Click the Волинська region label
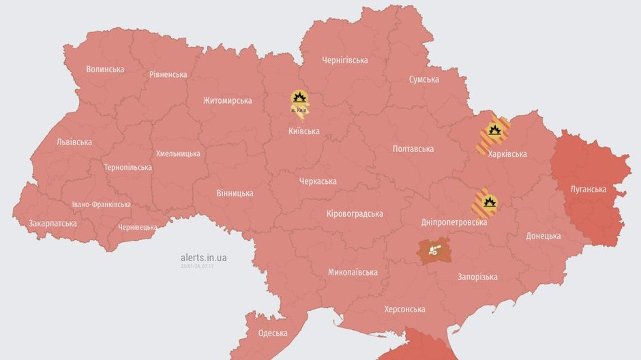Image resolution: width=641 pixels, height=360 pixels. tap(105, 70)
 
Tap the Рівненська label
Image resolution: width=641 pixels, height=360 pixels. tap(168, 74)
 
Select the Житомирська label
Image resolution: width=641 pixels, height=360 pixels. tap(227, 101)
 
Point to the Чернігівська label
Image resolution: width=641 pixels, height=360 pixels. tap(344, 60)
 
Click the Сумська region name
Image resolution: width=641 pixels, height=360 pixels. tap(423, 80)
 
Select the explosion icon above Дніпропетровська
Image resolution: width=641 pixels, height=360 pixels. tap(488, 202)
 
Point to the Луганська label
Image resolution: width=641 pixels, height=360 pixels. tap(588, 189)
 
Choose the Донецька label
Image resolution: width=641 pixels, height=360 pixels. tap(543, 236)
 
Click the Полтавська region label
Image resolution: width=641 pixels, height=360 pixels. tap(413, 149)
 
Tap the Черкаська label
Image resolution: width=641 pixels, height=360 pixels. tap(318, 181)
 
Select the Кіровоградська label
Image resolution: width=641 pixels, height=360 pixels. tap(355, 213)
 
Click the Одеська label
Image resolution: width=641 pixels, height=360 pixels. tap(272, 333)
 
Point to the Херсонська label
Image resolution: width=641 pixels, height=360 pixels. tap(404, 310)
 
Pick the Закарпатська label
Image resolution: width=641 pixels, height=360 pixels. tap(52, 224)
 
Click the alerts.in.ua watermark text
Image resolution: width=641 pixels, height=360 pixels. tap(203, 258)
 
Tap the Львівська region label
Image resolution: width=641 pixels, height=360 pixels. tap(74, 142)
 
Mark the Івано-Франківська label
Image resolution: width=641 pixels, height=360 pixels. tap(101, 205)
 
